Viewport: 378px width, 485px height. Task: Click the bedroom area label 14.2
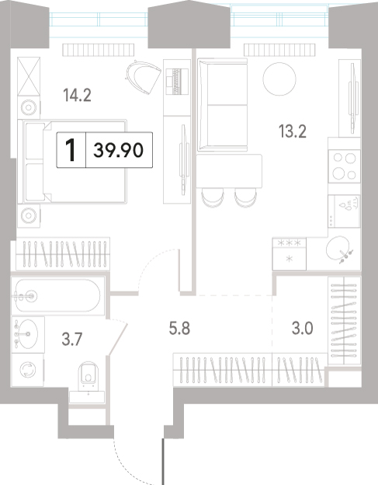click(x=77, y=95)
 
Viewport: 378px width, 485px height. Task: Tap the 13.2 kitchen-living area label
click(x=293, y=131)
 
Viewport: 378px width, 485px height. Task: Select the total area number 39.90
click(x=118, y=150)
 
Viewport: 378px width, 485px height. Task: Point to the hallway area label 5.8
click(x=179, y=328)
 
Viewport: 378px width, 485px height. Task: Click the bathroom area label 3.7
click(x=71, y=340)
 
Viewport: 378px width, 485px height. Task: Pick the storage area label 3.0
click(x=303, y=328)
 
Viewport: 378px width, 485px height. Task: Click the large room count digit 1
click(x=71, y=150)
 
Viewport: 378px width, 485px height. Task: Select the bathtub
click(x=58, y=295)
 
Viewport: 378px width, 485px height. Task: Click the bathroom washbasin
click(x=26, y=334)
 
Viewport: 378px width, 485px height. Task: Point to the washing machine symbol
click(x=28, y=370)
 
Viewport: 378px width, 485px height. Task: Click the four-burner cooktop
click(x=345, y=166)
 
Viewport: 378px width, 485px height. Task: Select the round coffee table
click(x=279, y=79)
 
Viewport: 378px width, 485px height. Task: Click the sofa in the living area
click(x=222, y=105)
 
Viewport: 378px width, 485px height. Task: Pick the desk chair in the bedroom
click(x=143, y=77)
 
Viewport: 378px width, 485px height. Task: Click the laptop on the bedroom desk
click(x=177, y=81)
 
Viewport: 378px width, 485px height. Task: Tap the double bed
click(x=72, y=162)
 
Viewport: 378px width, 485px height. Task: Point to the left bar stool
click(x=213, y=197)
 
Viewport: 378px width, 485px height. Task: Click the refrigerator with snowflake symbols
click(x=290, y=253)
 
